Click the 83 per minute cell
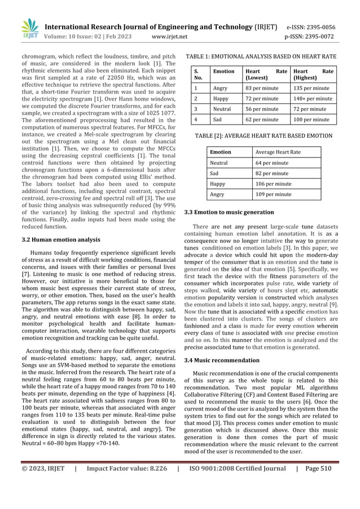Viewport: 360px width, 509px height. pyautogui.click(x=261, y=88)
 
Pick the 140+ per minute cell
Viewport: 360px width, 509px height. pyautogui.click(x=313, y=99)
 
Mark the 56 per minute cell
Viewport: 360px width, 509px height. pyautogui.click(x=261, y=109)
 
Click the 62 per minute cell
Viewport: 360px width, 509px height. pyautogui.click(x=261, y=120)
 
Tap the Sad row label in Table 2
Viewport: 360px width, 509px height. pyautogui.click(x=214, y=173)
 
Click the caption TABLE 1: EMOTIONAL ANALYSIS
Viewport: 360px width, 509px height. pyautogui.click(x=261, y=57)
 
